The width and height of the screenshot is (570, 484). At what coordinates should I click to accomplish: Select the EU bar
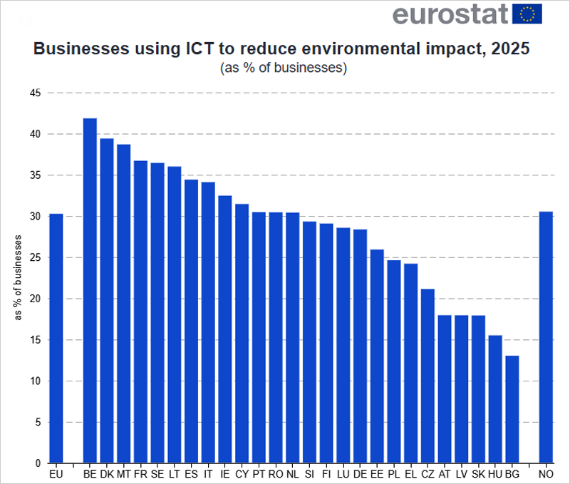point(56,339)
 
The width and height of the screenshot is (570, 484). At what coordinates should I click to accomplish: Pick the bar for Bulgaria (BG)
point(512,409)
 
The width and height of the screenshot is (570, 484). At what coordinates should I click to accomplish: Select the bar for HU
point(495,399)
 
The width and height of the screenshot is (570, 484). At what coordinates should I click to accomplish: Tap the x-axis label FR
point(140,473)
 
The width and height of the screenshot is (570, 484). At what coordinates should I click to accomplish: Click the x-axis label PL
point(393,473)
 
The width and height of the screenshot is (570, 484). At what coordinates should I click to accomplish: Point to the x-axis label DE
point(360,473)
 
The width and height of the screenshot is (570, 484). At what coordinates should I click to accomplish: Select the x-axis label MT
point(123,473)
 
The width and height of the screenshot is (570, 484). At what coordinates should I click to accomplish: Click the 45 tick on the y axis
point(35,93)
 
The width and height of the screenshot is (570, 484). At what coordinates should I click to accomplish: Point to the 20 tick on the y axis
point(35,299)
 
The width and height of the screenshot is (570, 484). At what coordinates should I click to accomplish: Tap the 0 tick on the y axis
point(38,463)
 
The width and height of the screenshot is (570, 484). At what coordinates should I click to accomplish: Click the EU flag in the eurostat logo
point(527,14)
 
